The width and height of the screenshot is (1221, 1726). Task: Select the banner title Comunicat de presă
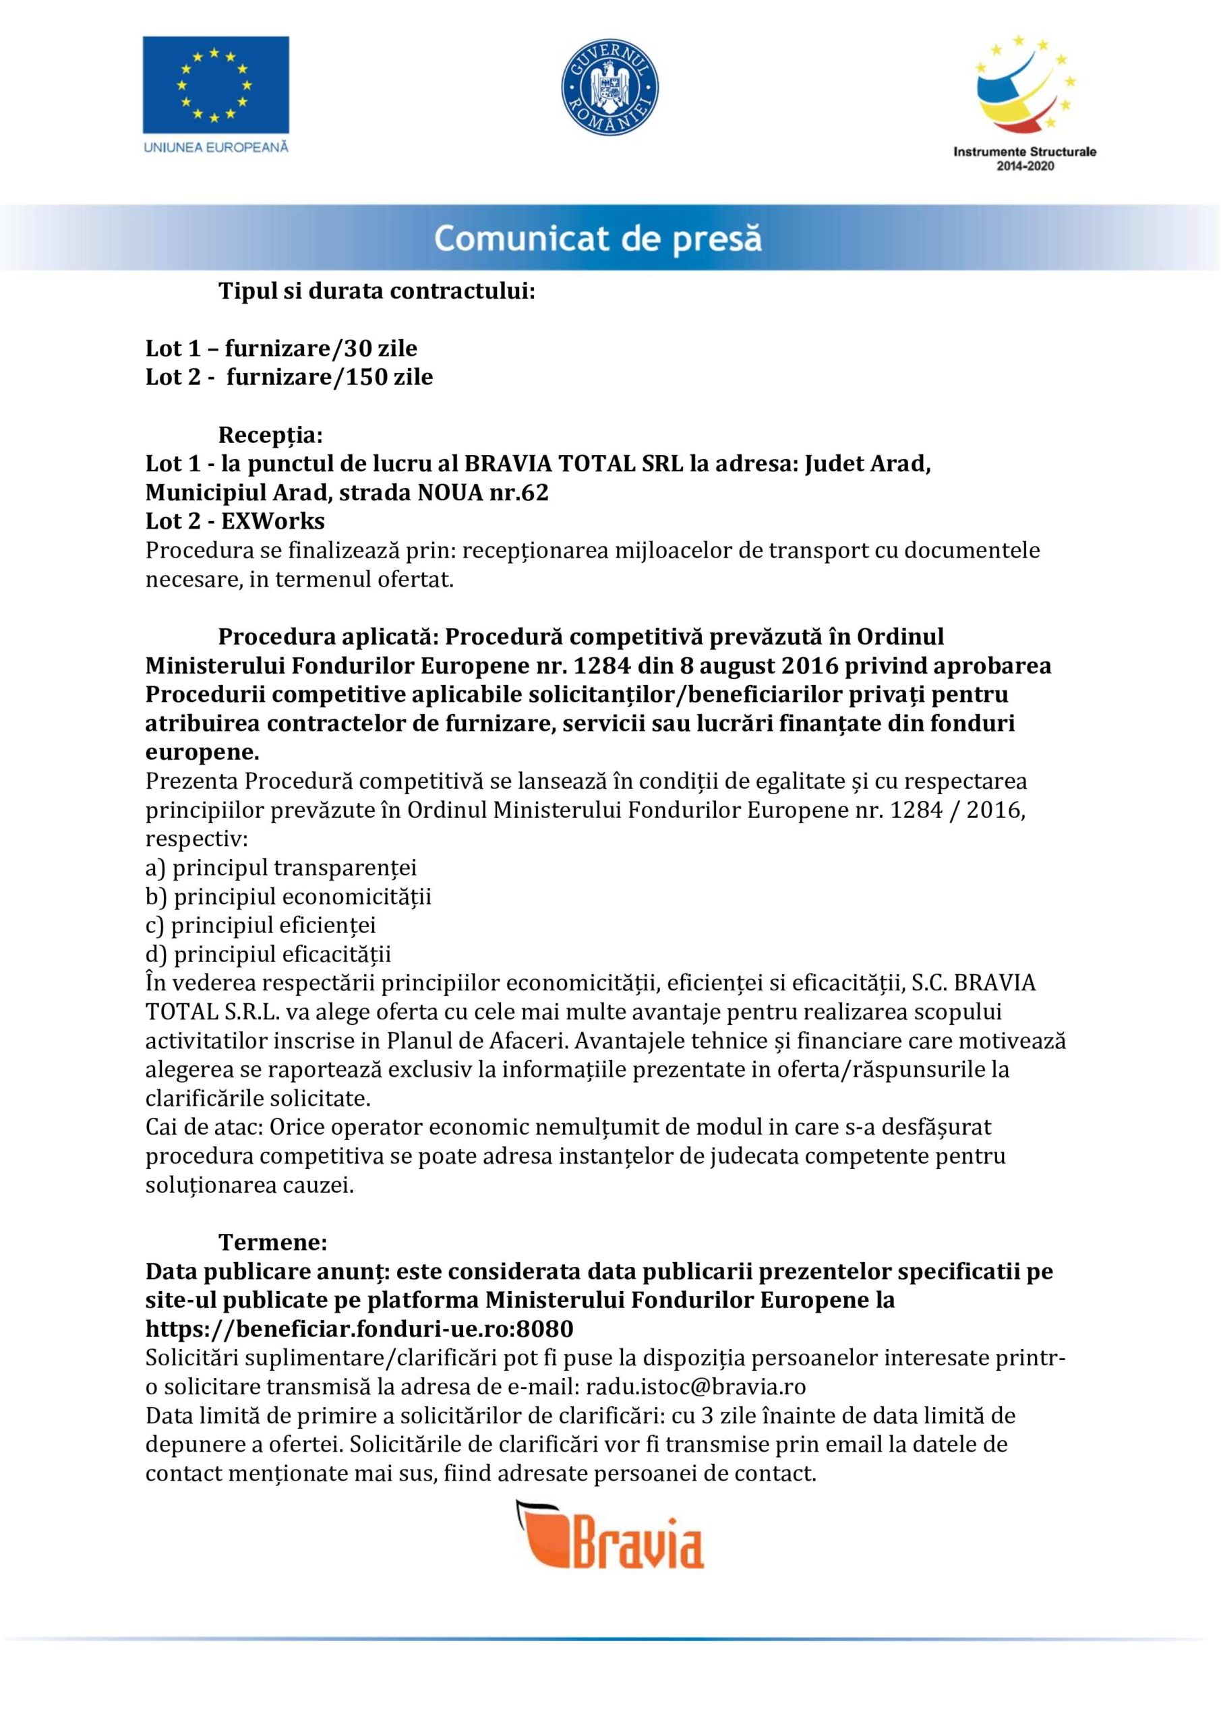click(598, 239)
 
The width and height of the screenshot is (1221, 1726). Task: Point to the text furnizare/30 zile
click(321, 348)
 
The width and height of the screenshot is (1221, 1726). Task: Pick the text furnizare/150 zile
click(329, 377)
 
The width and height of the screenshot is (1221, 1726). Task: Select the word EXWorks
click(273, 521)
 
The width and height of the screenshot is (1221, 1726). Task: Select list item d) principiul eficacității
click(268, 954)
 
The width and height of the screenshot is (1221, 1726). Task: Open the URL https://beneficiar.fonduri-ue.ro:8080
click(359, 1329)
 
